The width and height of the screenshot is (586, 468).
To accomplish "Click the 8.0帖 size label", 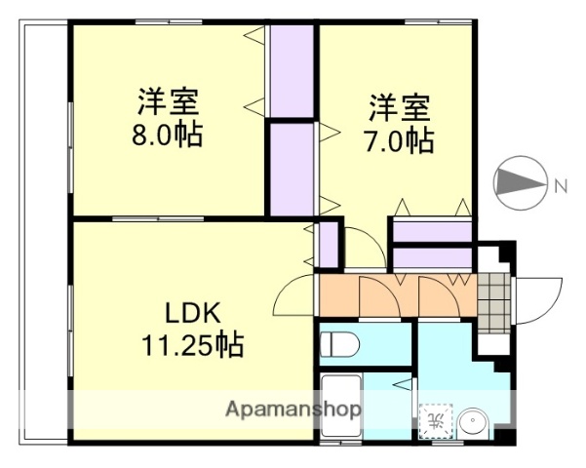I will point(169,135).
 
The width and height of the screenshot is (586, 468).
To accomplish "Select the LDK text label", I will point(191,314).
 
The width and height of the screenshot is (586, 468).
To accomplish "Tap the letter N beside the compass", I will point(561,185).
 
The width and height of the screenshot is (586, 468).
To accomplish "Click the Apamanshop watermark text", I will point(293,409).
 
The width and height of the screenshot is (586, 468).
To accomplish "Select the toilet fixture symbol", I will point(339,343).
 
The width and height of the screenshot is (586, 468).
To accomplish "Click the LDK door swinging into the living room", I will point(293,295).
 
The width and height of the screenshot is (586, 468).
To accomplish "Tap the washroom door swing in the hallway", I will point(434,296).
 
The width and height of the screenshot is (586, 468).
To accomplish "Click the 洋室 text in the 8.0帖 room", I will point(169,101).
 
